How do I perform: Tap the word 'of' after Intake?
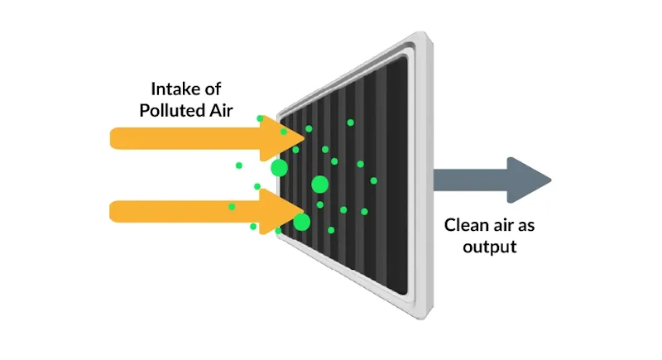click(x=214, y=88)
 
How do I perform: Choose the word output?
click(x=490, y=246)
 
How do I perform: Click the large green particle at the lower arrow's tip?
click(x=302, y=222)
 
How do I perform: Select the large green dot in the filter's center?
click(x=319, y=184)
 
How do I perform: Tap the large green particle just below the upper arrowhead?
click(x=280, y=169)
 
